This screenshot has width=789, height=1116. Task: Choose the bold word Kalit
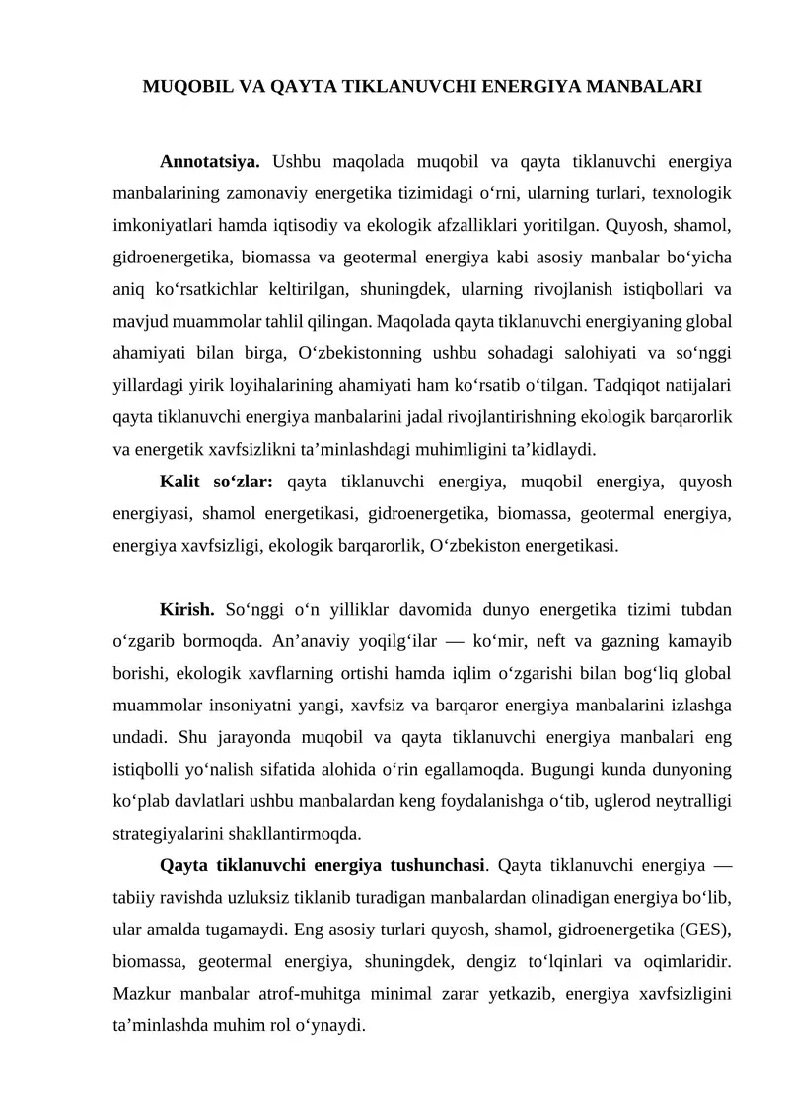(180, 482)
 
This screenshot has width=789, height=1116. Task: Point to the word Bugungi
(565, 770)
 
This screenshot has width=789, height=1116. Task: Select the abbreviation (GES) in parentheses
(701, 930)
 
